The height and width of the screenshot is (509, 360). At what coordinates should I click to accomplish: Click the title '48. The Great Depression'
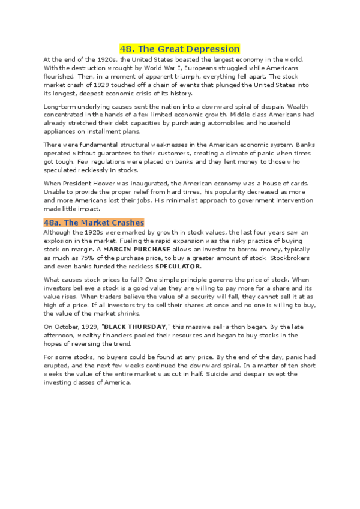point(179,49)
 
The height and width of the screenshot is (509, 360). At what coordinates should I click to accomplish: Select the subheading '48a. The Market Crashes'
point(94,223)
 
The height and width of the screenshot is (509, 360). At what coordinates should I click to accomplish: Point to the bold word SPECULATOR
point(178,266)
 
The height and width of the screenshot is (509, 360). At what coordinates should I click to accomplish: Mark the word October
point(68,326)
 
